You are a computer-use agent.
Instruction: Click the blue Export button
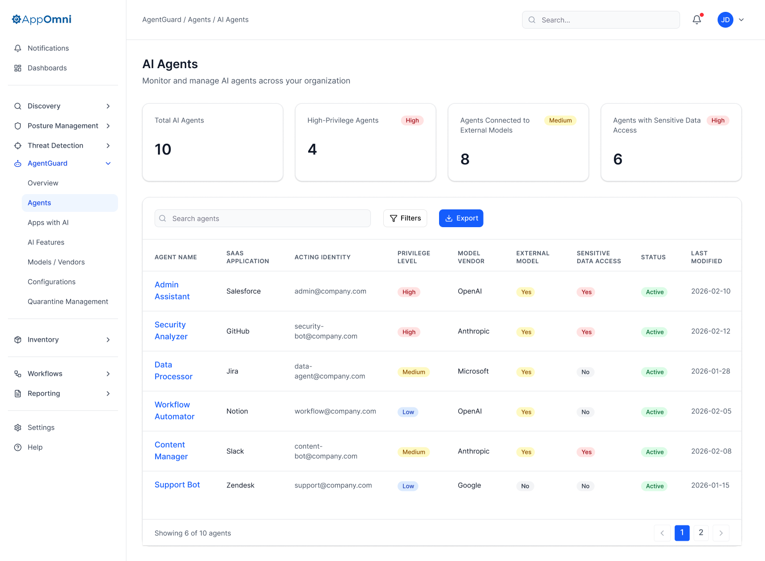(461, 218)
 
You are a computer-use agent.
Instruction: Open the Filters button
(405, 218)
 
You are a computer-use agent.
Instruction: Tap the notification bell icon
(697, 20)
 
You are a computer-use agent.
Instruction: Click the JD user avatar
(725, 20)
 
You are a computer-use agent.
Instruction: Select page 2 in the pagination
(701, 532)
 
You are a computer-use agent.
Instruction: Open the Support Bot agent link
(177, 485)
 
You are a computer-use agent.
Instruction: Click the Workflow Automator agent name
(174, 411)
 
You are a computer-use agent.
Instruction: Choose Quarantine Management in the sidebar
(68, 302)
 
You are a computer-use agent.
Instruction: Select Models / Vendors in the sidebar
(56, 262)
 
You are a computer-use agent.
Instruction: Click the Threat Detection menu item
(55, 146)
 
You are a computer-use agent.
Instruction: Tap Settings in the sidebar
(41, 428)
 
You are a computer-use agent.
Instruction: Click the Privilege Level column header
(413, 257)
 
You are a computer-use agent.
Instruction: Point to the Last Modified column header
(706, 257)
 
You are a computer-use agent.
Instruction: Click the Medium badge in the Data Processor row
(413, 372)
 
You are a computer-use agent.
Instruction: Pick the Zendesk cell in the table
(241, 485)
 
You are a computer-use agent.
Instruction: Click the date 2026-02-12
(711, 331)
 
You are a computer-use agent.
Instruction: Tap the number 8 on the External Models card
(465, 159)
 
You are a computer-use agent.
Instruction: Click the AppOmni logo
(42, 19)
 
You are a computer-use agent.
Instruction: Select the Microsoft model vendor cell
(473, 371)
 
